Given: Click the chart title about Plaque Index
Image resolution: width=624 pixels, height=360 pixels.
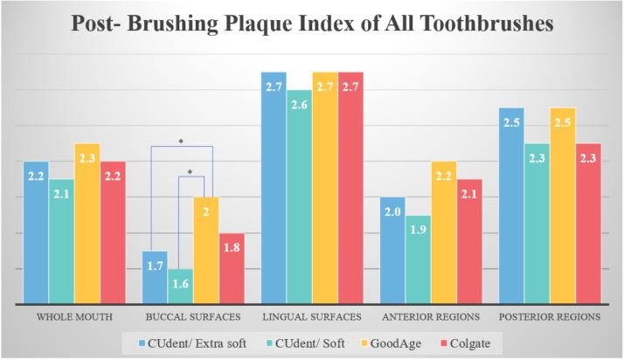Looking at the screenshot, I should [x=312, y=24].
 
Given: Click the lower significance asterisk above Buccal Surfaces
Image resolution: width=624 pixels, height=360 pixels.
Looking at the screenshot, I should [x=191, y=171].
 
